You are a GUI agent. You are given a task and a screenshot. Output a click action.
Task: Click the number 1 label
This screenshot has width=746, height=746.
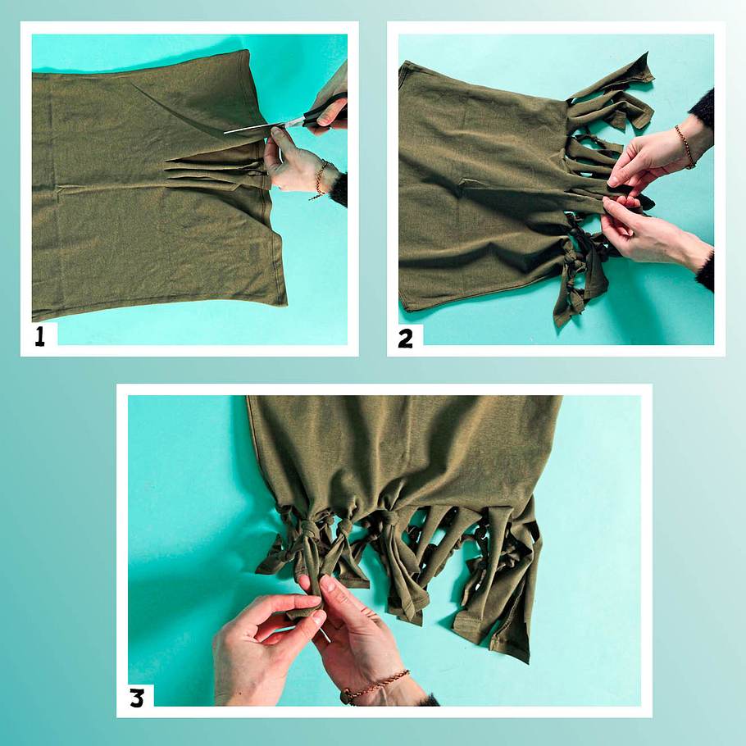[x=40, y=336]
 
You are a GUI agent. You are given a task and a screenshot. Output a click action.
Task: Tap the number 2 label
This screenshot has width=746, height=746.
[x=405, y=339]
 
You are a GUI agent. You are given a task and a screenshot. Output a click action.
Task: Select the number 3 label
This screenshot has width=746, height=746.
[x=137, y=698]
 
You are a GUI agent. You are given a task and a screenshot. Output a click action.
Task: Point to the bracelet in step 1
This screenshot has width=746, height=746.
[x=320, y=180]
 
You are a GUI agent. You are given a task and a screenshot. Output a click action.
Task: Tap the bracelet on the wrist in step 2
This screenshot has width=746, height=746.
[x=685, y=147]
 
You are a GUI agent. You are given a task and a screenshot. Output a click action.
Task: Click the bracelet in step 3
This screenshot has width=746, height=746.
[x=375, y=686]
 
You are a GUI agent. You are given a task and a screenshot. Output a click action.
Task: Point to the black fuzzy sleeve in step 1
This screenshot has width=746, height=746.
[x=339, y=189]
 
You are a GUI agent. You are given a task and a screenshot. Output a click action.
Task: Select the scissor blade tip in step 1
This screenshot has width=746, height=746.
[x=225, y=132]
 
